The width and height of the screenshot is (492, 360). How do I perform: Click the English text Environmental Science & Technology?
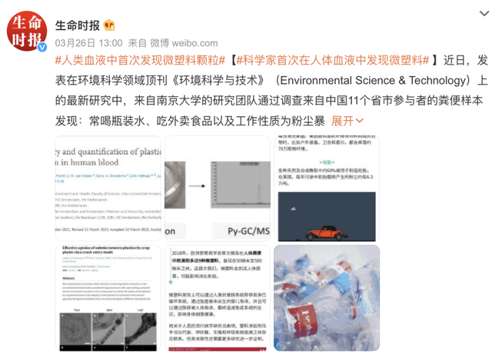(x=373, y=80)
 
